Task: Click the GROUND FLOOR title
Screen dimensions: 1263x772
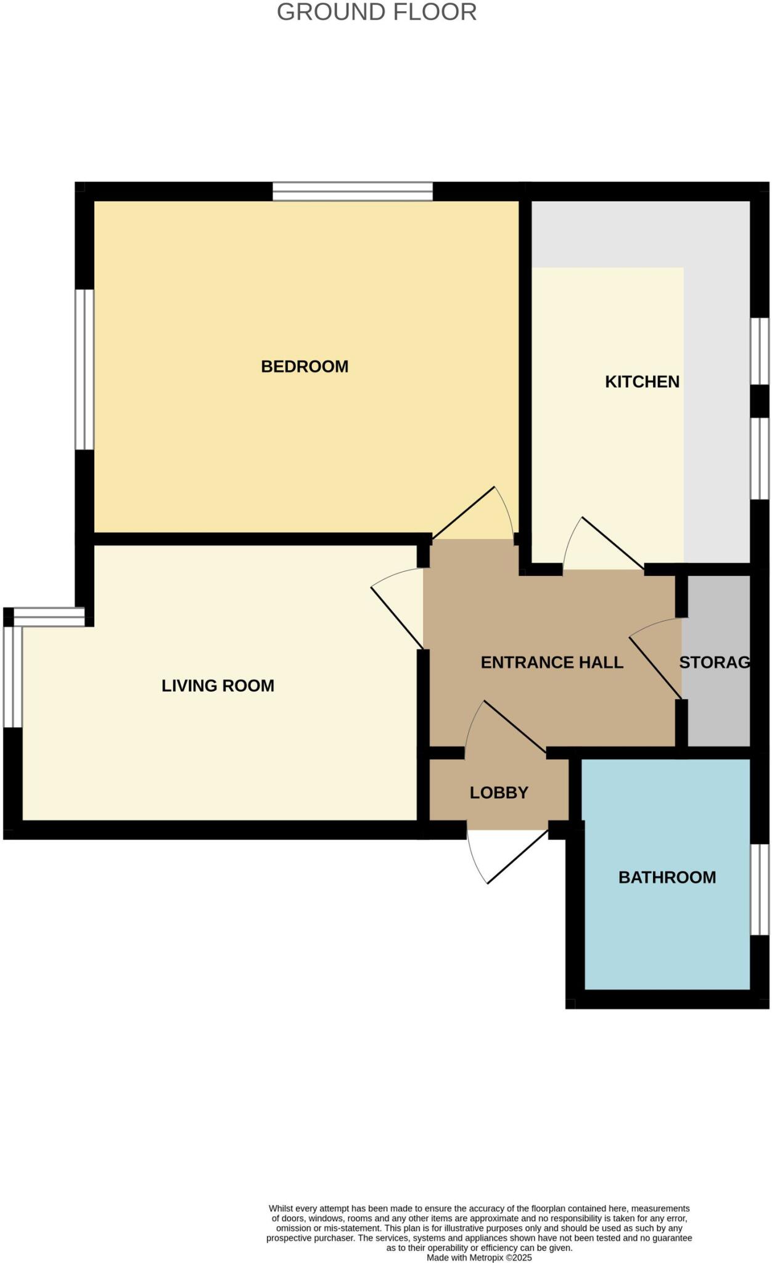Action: (x=377, y=12)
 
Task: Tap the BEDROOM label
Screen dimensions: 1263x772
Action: (x=305, y=366)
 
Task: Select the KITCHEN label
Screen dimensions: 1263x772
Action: (x=642, y=382)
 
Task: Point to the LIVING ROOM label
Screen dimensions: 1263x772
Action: (x=218, y=686)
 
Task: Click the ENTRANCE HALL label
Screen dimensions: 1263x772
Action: (x=552, y=662)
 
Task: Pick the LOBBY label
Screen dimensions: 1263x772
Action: (x=499, y=792)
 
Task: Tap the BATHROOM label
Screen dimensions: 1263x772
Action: (x=667, y=877)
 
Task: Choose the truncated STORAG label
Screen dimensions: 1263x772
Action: (x=714, y=662)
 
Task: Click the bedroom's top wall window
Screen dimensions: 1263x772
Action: (x=353, y=191)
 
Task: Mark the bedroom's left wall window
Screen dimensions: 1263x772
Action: (x=84, y=369)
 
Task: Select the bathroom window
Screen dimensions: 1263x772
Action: (x=760, y=889)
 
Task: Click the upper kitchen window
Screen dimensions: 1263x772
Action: (x=760, y=351)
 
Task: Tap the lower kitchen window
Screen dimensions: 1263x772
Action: (x=760, y=458)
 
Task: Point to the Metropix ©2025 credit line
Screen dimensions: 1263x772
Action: (x=479, y=1257)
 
